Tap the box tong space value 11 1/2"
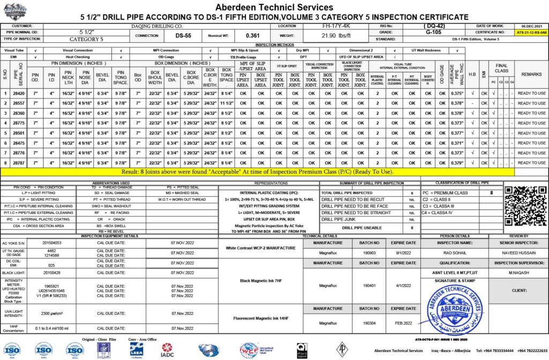coord(226,103)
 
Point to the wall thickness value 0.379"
coord(457,163)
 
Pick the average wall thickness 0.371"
coord(457,143)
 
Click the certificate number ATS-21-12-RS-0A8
coord(531,33)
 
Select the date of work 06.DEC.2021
coord(531,26)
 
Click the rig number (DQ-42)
coord(433,26)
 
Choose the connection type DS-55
coord(183,36)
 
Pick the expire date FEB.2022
coord(403,324)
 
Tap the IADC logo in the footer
coord(167,350)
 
